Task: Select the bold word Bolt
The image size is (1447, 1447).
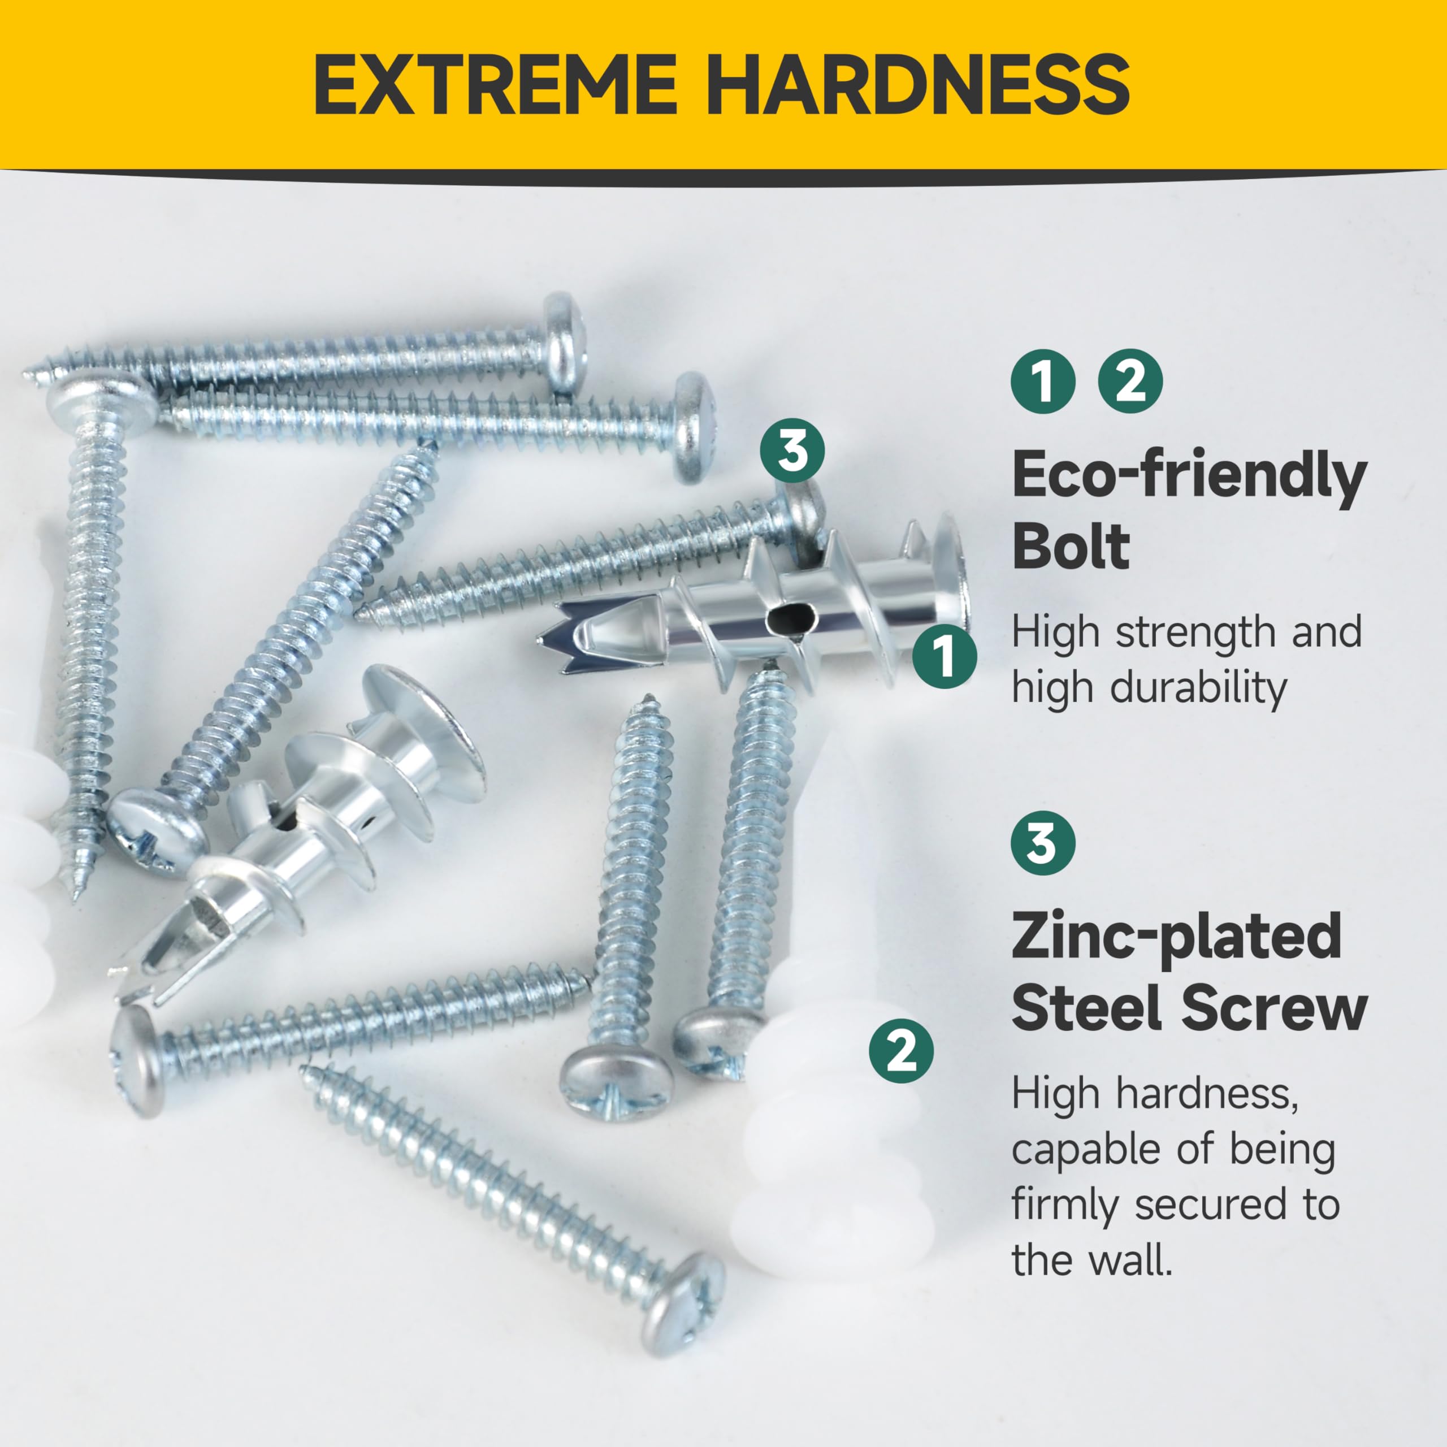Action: click(1071, 547)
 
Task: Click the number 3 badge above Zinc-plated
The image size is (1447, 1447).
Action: click(1042, 843)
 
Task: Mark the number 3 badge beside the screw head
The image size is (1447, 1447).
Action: click(792, 451)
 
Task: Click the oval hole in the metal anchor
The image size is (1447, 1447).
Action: click(788, 620)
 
